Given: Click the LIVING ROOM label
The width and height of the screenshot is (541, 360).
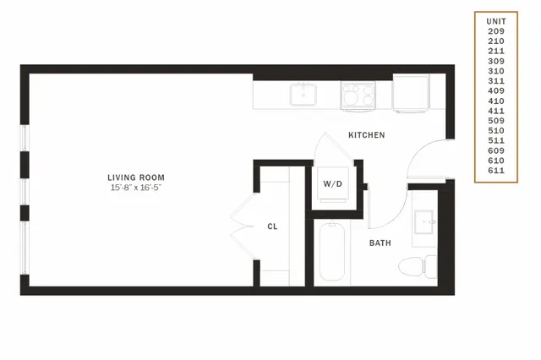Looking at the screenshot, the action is (x=136, y=177).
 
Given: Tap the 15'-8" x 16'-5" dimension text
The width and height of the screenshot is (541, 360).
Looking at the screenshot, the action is (x=136, y=188).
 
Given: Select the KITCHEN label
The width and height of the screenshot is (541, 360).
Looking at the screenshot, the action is (x=366, y=135).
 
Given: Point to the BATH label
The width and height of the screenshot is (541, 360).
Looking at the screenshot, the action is (x=380, y=243).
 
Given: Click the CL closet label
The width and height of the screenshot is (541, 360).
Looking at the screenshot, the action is (x=272, y=226).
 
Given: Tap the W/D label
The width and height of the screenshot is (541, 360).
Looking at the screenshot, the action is (x=332, y=183).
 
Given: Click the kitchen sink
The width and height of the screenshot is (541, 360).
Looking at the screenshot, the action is (x=303, y=94).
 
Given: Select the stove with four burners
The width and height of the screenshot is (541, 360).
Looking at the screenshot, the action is (x=358, y=95).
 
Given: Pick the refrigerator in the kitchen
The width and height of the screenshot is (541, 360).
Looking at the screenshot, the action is (x=411, y=94).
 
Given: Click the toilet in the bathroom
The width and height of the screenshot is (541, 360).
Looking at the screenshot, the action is (x=418, y=266).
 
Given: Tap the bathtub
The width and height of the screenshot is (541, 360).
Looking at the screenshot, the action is (x=332, y=252).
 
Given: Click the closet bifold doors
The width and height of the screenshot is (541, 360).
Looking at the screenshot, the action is (x=243, y=226).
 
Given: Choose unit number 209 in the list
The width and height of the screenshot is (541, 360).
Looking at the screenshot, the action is (x=496, y=31).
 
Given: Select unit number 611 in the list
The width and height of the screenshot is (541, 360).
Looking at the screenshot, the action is (x=496, y=171).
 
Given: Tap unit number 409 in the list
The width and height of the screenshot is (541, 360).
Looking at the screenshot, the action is (x=496, y=91).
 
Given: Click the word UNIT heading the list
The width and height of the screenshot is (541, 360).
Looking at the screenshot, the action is (x=496, y=21).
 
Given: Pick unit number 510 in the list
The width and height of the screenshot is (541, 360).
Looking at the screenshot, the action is (x=496, y=131).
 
